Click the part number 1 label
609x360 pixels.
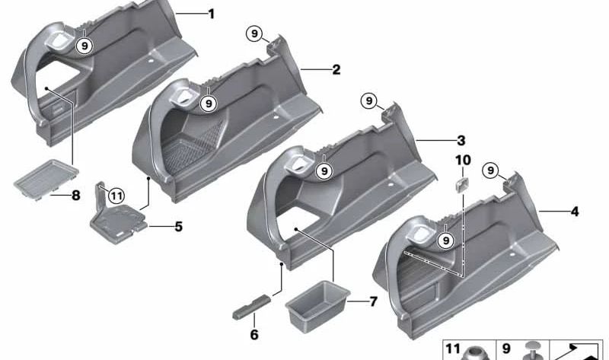pos(212,14)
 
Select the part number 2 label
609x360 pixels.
pos(336,70)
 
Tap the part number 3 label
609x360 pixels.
pos(461,140)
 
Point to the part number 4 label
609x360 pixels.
pos(575,212)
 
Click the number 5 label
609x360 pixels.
pos(178,226)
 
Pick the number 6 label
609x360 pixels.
pos(254,334)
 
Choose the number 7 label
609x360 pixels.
pos(373,301)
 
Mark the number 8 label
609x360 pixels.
pos(75,195)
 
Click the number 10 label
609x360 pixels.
pos(463,160)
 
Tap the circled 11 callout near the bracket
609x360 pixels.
pos(116,196)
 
